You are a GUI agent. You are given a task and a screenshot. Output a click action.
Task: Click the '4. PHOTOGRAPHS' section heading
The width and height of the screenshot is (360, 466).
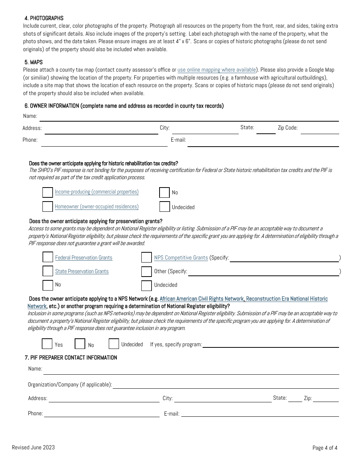(x=44, y=18)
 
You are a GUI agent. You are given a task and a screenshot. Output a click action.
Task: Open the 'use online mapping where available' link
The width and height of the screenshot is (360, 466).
(x=216, y=70)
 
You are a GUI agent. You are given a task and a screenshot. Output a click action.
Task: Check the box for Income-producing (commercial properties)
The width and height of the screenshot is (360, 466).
(x=47, y=192)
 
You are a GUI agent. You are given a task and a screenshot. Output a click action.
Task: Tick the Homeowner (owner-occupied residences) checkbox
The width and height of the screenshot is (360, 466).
(x=47, y=207)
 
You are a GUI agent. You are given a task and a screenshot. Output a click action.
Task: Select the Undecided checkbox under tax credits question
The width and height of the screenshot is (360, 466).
(x=164, y=207)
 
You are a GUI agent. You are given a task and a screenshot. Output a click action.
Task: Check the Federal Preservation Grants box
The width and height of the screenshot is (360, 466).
(x=48, y=257)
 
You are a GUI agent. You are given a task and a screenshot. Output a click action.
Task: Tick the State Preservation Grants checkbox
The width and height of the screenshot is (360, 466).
(x=48, y=271)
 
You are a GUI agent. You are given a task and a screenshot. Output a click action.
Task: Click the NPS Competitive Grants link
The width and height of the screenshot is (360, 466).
(x=181, y=258)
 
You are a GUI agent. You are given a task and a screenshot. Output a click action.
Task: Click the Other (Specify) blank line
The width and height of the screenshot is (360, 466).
(x=263, y=272)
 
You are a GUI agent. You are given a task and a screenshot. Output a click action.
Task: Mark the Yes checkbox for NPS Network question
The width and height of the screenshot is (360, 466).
(x=47, y=344)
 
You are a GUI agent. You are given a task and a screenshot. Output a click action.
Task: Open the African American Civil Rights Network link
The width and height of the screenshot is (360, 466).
(x=202, y=299)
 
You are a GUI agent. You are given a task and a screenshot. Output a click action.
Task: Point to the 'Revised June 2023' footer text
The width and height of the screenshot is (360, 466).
(x=33, y=447)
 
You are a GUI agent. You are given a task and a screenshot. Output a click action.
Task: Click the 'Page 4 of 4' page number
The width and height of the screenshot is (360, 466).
(x=325, y=448)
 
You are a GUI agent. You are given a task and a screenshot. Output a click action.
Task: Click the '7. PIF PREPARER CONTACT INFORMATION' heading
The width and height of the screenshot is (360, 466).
(x=71, y=358)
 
